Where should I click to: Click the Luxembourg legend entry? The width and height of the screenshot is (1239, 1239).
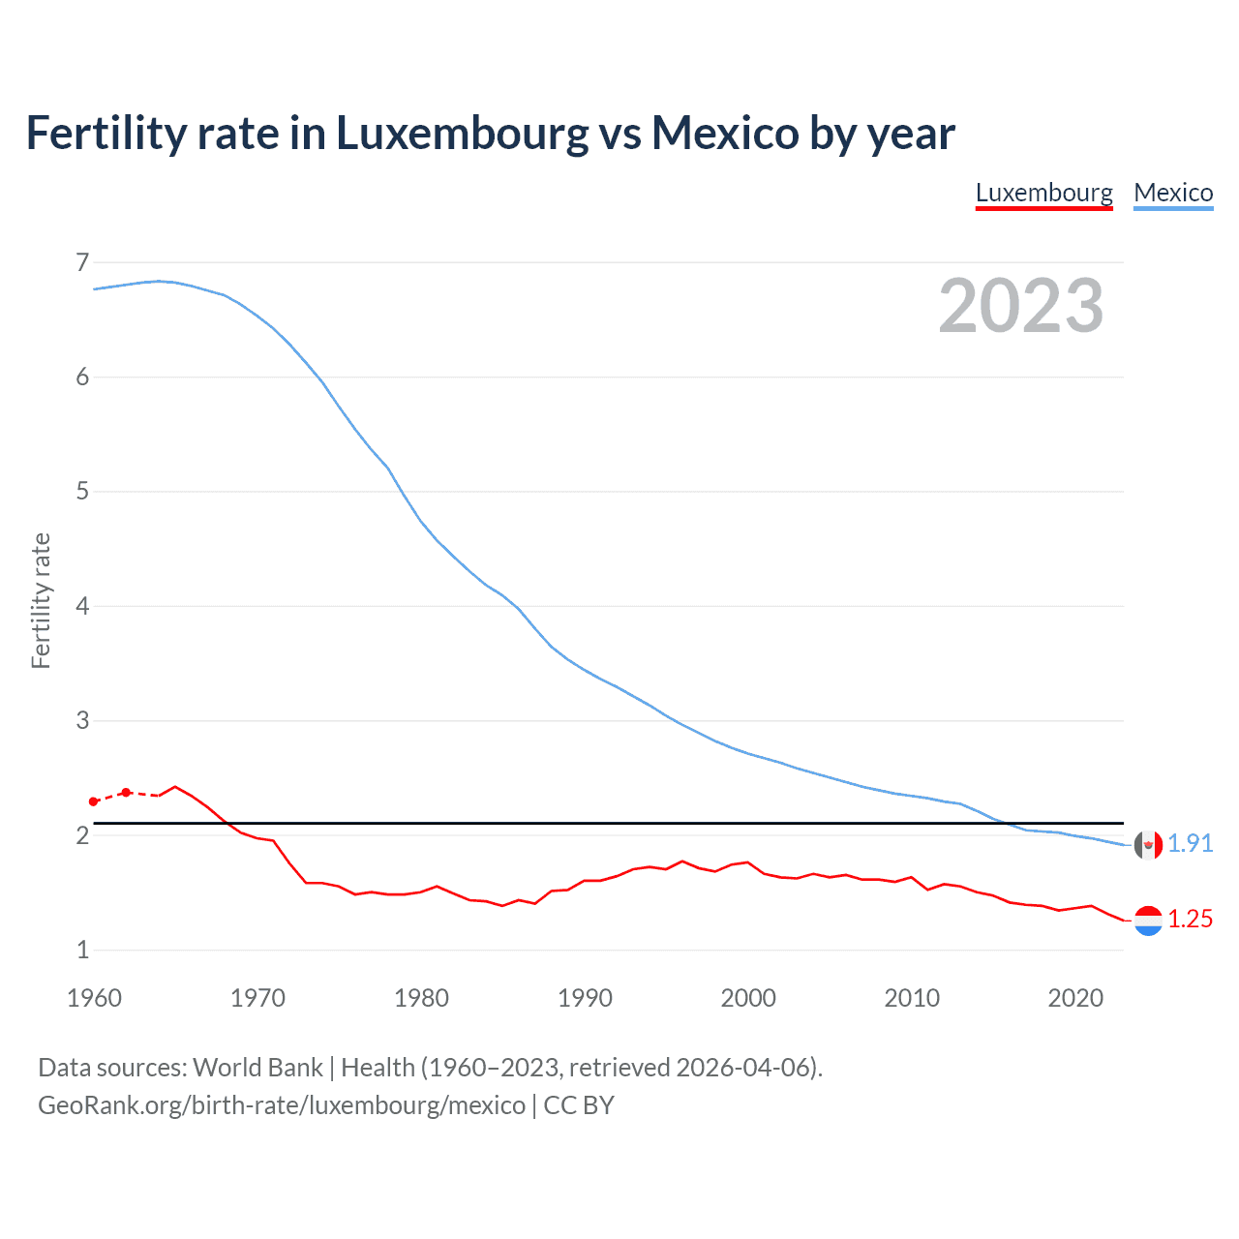coord(1043,193)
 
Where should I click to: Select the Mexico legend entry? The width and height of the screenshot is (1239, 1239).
coord(1173,193)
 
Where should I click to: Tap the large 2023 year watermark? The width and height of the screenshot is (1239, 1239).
coord(1021,306)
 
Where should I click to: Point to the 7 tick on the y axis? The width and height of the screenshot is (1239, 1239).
coord(82,262)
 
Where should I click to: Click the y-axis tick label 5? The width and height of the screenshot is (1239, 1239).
coord(82,492)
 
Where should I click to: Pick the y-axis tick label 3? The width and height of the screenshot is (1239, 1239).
coord(82,720)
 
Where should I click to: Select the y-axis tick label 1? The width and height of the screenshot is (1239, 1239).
coord(82,950)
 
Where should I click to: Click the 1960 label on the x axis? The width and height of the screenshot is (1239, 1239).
coord(94,998)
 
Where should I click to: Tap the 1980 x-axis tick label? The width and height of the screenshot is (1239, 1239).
coord(421,998)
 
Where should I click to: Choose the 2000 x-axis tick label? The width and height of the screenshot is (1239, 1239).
coord(748,998)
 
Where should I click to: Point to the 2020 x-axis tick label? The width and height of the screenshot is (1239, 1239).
coord(1075,998)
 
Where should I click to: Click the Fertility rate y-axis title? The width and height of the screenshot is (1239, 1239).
coord(41,600)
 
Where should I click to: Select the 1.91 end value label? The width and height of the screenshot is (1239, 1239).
coord(1190,843)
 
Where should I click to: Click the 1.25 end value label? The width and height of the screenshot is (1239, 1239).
coord(1190,919)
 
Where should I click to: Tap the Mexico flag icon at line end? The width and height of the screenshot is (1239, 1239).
coord(1148,845)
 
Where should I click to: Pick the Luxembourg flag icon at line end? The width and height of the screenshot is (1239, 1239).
coord(1148,921)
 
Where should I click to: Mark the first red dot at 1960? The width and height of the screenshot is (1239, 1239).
coord(94,801)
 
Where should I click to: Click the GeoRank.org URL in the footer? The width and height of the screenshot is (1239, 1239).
coord(282,1105)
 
